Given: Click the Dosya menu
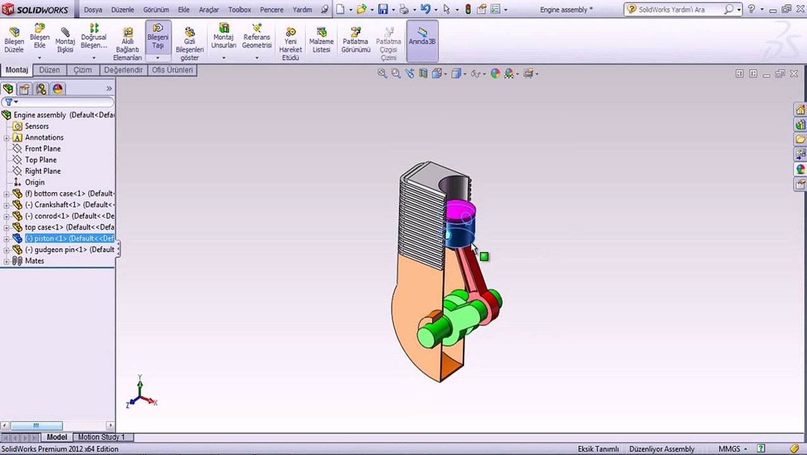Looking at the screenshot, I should [x=93, y=9].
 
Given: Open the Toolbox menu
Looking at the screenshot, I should [x=239, y=9].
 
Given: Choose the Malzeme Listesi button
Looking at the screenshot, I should [x=321, y=40].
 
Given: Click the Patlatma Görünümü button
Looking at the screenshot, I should [x=356, y=40].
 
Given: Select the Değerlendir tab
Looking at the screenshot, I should [x=123, y=70].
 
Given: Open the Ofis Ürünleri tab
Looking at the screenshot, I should [x=172, y=70].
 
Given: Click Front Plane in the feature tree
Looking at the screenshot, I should [x=43, y=149].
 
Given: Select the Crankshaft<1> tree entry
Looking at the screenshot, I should [x=69, y=205].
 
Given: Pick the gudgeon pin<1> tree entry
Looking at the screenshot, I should [x=69, y=250].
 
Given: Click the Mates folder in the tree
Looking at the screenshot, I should [x=34, y=261].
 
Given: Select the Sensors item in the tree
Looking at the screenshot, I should [x=37, y=126].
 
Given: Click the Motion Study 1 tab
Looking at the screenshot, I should [x=101, y=437].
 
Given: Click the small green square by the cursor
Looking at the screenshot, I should [x=484, y=257].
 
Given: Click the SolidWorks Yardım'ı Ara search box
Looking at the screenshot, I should [x=679, y=9].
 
